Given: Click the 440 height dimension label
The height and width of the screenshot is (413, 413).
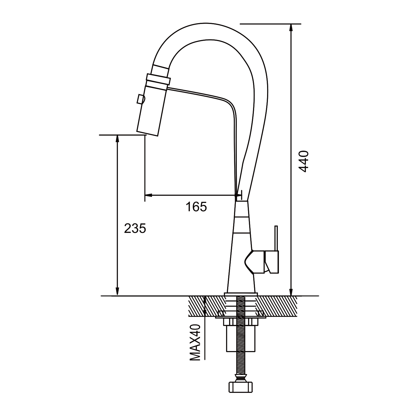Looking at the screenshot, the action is [x=304, y=161].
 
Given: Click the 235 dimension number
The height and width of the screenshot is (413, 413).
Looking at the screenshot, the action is [x=135, y=229].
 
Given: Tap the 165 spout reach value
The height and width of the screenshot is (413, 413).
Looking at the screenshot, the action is [x=196, y=207].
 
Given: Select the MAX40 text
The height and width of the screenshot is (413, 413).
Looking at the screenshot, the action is [x=195, y=342].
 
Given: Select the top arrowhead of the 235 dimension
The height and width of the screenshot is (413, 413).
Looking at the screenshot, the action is [x=118, y=138].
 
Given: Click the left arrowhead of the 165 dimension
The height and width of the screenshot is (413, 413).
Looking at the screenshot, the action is [x=148, y=195].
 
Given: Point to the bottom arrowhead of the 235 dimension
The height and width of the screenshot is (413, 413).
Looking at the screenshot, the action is [x=118, y=292].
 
